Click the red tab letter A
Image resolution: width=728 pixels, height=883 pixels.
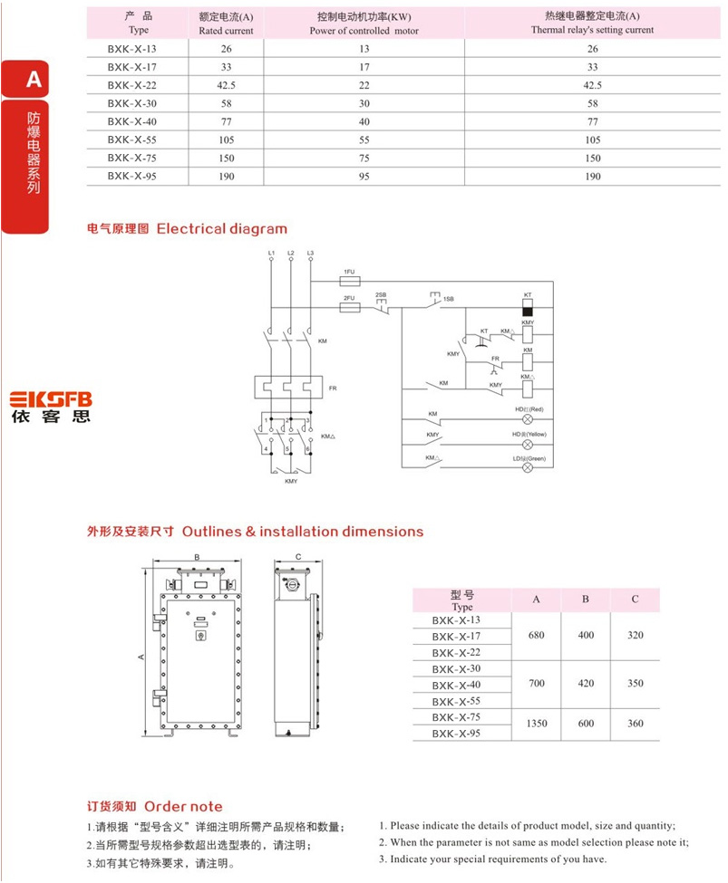click(x=34, y=80)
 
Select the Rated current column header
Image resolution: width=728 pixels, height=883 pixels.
click(x=226, y=24)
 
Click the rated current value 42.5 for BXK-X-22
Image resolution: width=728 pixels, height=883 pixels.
click(x=226, y=84)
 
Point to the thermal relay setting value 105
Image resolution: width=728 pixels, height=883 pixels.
click(x=592, y=139)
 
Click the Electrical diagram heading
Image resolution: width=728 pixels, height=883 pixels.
click(x=221, y=229)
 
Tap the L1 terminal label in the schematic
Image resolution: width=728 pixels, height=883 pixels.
click(x=271, y=252)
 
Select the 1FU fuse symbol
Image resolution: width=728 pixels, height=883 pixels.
click(x=349, y=281)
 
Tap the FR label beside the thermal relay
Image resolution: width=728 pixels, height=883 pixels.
click(x=333, y=388)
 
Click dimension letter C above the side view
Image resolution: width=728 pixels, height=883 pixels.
click(x=298, y=557)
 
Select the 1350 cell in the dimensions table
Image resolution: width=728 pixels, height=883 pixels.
click(x=536, y=724)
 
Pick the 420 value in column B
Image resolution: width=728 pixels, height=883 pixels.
click(x=586, y=684)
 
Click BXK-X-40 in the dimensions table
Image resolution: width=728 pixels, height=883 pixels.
click(x=456, y=685)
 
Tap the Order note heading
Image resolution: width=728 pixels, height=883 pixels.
click(x=183, y=806)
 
